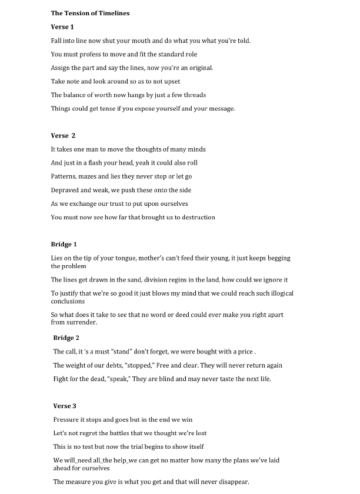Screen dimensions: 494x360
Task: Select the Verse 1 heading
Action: click(x=62, y=26)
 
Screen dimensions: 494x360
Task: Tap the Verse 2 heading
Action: click(x=64, y=136)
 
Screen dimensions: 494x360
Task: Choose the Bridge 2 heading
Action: click(x=66, y=338)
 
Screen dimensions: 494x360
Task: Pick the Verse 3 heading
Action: click(x=65, y=406)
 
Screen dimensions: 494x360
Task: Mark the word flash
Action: click(x=95, y=163)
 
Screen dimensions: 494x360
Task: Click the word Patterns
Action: click(x=64, y=176)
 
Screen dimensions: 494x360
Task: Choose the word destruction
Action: click(x=196, y=217)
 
